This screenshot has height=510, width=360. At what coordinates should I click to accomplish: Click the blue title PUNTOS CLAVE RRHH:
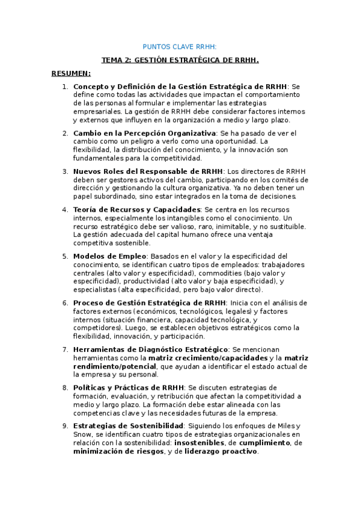click(x=180, y=46)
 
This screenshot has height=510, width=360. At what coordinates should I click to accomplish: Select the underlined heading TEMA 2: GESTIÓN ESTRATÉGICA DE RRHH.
click(x=180, y=60)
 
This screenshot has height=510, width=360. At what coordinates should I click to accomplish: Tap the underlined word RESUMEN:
click(x=71, y=73)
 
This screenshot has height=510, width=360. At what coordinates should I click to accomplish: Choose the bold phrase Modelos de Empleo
click(x=103, y=256)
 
